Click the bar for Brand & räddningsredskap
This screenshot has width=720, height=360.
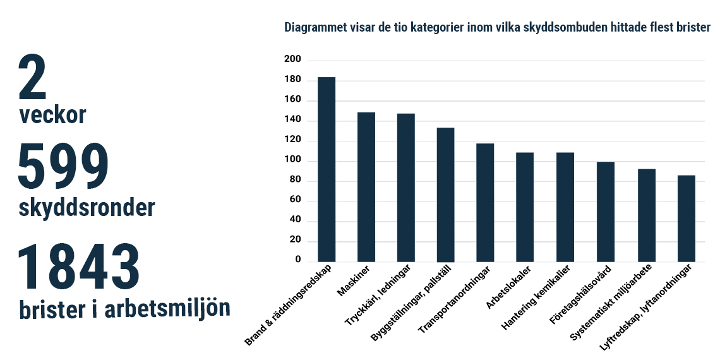[327, 169]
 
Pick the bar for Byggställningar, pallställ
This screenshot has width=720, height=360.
[446, 195]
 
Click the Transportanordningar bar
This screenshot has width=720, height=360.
[485, 203]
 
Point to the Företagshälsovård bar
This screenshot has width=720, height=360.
[606, 212]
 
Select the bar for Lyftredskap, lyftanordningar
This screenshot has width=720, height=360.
[686, 219]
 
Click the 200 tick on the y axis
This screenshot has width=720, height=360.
[293, 60]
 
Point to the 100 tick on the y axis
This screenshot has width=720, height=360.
[293, 161]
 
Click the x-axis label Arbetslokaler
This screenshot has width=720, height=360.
[508, 289]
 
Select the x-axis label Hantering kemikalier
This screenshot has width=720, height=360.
[537, 297]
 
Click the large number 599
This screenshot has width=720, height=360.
[63, 166]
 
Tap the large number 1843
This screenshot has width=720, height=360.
[78, 268]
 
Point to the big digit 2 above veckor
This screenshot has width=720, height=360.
[33, 78]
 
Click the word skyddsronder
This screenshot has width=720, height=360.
[87, 207]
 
